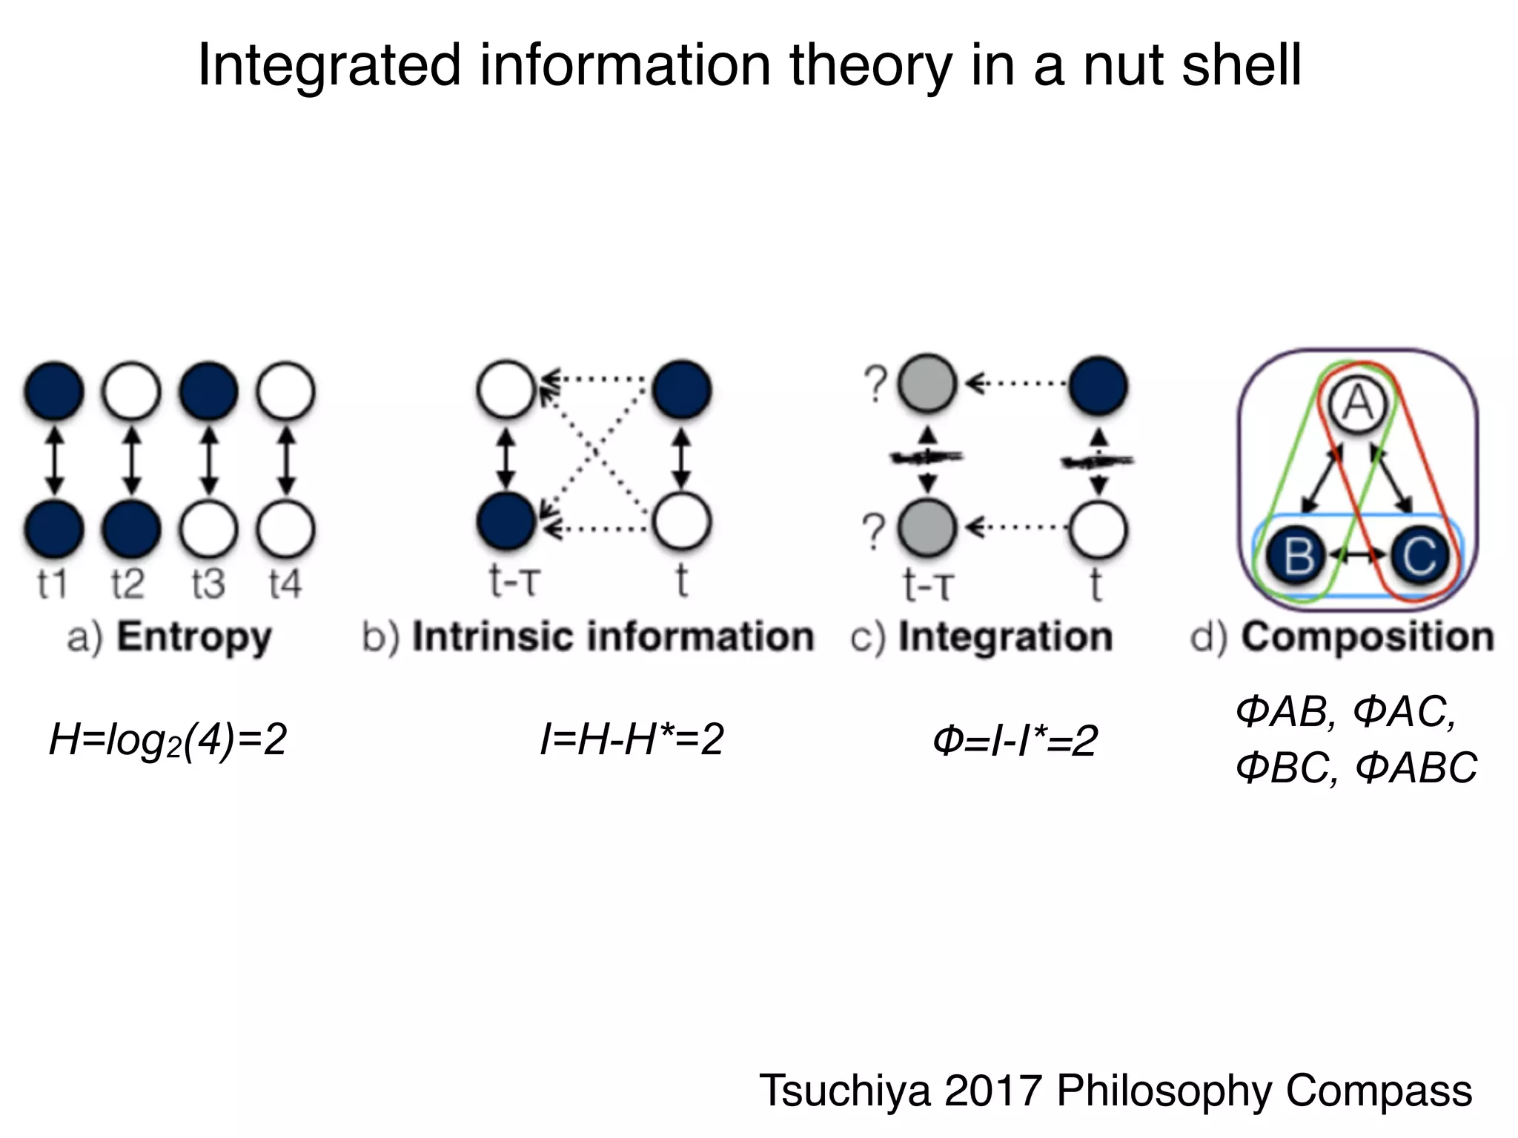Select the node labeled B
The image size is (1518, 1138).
[x=1296, y=556]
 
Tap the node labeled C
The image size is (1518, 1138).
[x=1417, y=556]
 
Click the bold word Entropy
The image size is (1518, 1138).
[x=194, y=637]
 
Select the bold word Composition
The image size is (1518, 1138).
[x=1368, y=636]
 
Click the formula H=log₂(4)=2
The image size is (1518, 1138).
[x=168, y=739]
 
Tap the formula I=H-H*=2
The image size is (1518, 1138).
[x=632, y=739]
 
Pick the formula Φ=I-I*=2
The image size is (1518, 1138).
[x=1014, y=741]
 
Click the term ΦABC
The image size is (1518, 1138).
[x=1416, y=768]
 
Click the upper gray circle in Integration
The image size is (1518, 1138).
[x=927, y=385]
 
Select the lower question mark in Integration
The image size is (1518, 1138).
[x=875, y=531]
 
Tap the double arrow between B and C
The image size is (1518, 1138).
[x=1356, y=553]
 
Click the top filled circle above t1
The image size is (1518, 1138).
[x=53, y=390]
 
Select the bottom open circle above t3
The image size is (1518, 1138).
[x=208, y=530]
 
